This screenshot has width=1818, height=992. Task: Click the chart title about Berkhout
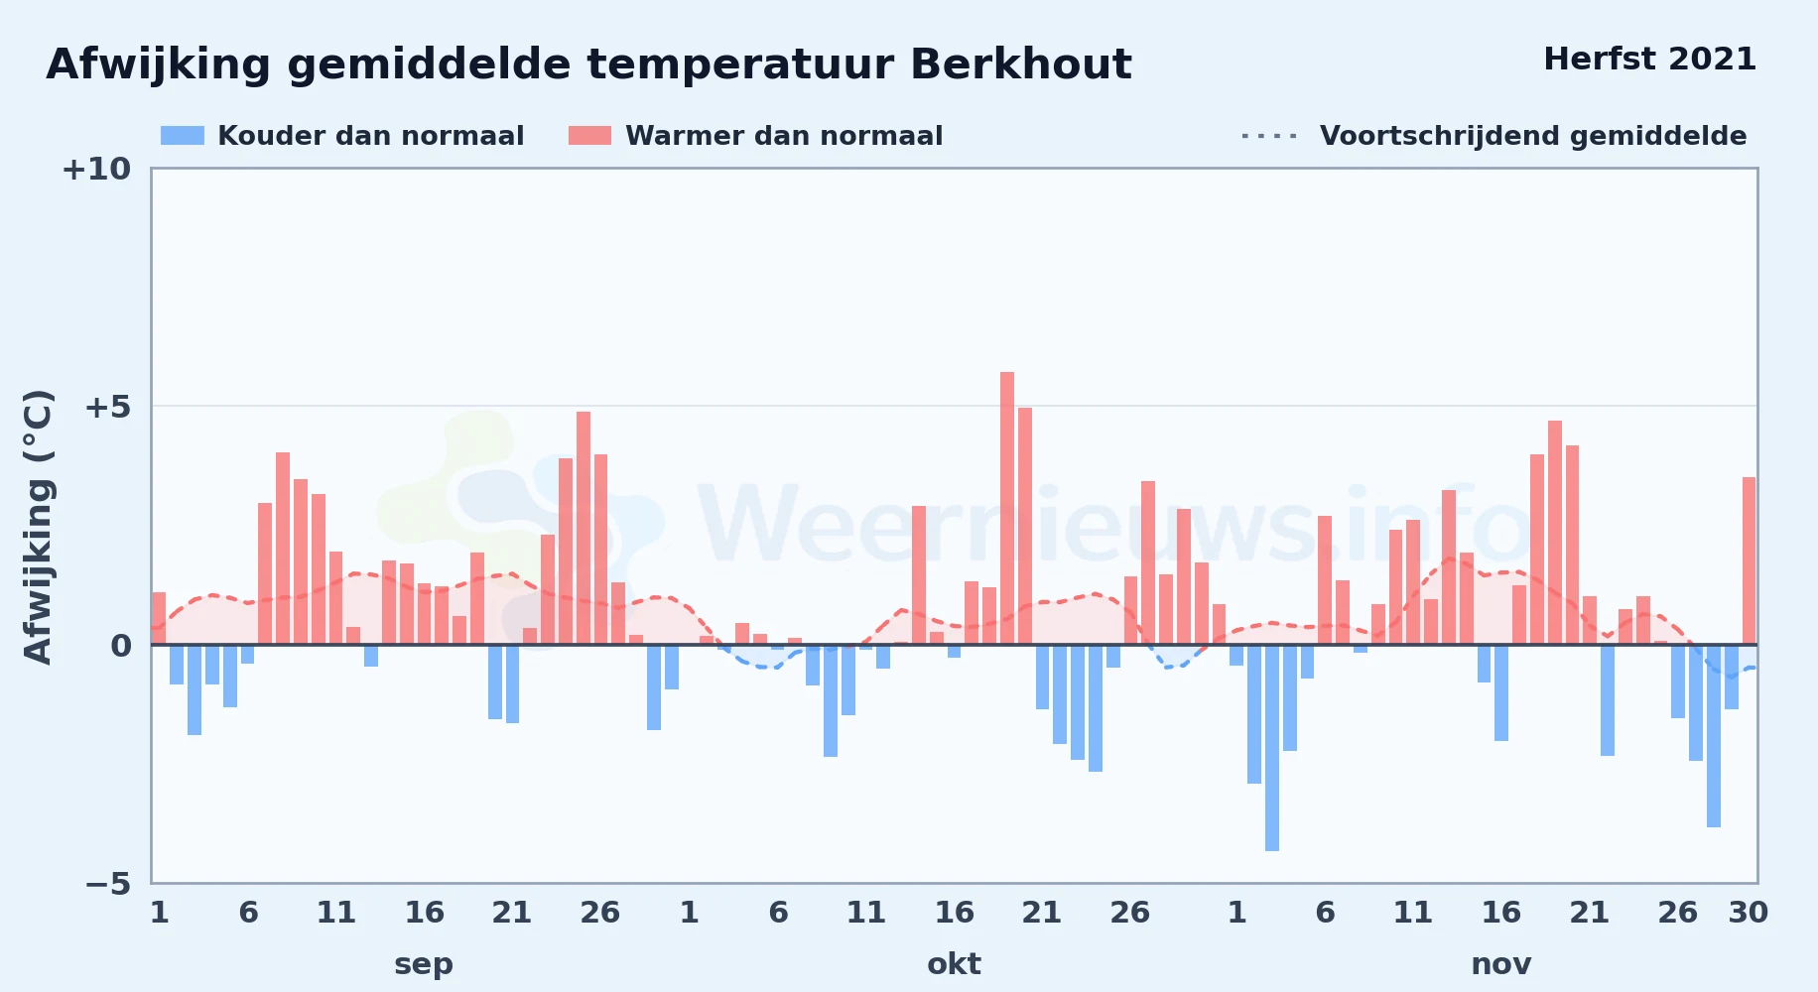coord(588,64)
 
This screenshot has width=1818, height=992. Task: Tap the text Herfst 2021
coord(1649,60)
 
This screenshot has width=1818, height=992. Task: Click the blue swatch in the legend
coord(183,136)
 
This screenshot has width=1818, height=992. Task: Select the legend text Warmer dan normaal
coord(784,136)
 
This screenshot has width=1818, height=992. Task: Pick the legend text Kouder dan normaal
coord(371,136)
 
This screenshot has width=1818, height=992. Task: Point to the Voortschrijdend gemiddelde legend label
coord(1533,136)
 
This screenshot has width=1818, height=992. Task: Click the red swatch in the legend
coord(590,136)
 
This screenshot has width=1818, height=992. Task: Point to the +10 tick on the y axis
coord(96,169)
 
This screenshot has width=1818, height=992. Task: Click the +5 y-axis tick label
coord(107,407)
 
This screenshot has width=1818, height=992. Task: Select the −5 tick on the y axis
coord(108,883)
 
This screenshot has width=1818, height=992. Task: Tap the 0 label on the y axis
coord(121,646)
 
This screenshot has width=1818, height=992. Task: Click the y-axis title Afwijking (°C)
coord(38,526)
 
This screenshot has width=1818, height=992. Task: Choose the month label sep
coord(424,964)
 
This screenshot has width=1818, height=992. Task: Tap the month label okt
coord(954,964)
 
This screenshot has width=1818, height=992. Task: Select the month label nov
coord(1501,964)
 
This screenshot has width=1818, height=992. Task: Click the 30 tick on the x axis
coord(1749,913)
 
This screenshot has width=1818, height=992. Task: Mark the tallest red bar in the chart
coord(1007,508)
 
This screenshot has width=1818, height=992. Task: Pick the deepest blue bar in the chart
coord(1272,748)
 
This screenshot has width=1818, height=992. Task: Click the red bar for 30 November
coord(1749,561)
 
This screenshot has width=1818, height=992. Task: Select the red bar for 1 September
coord(159,618)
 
